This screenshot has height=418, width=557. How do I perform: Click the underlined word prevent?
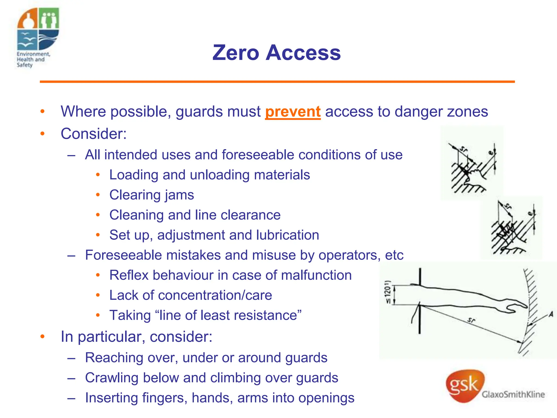point(293,112)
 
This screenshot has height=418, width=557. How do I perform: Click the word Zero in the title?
point(236,53)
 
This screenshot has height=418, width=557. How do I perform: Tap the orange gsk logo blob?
point(465,385)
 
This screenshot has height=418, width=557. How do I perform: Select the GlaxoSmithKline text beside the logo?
point(513,394)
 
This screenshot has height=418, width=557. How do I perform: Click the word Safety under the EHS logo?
point(24,65)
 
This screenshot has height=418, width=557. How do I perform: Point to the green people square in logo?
point(49,18)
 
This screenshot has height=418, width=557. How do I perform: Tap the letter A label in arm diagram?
point(551,315)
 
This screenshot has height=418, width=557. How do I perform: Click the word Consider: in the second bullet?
point(94,134)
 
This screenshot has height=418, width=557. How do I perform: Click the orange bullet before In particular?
point(42,337)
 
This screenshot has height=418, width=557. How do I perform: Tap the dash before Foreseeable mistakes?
point(71,256)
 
